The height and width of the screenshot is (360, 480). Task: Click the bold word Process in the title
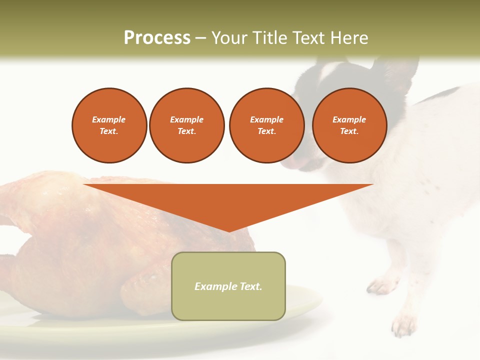(157, 38)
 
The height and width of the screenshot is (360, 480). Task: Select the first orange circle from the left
(109, 125)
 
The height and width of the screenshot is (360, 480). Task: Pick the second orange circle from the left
(187, 125)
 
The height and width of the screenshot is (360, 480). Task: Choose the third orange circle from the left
(266, 125)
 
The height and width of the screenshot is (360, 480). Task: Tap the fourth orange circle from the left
(349, 125)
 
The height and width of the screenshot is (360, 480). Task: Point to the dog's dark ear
(395, 70)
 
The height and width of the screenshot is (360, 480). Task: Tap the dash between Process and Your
(200, 38)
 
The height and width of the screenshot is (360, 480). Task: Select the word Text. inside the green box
(250, 286)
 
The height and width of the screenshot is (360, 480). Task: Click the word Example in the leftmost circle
(109, 119)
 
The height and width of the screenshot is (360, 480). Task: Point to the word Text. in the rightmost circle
(349, 131)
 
